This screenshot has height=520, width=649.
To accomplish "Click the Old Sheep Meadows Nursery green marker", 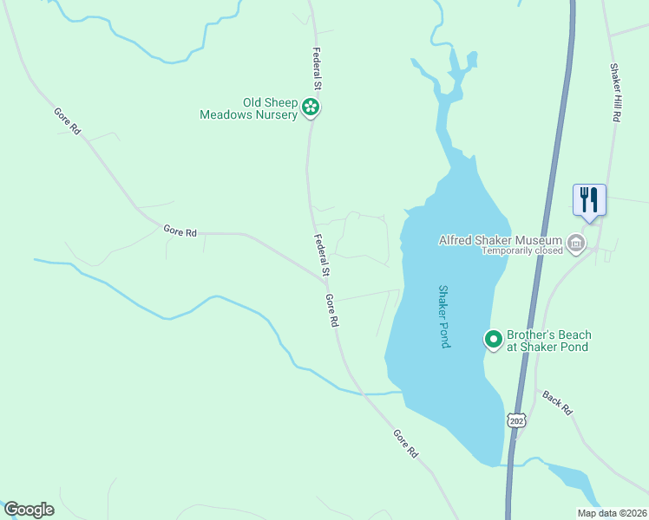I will (311, 108).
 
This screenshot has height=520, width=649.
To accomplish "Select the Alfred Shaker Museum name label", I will (500, 240).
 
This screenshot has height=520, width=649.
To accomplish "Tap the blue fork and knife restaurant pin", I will (589, 199).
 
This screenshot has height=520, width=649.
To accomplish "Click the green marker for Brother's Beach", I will (493, 340).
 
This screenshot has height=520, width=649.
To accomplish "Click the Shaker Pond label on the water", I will (443, 316).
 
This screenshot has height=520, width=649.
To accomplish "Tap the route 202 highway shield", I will (517, 419).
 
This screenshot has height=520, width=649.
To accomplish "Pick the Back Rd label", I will (558, 402).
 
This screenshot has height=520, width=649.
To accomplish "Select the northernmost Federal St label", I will (318, 68).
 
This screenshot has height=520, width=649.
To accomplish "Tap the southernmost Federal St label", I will (322, 257).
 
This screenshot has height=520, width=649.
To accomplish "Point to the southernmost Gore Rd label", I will (405, 444).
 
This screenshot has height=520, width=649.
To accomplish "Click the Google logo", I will (29, 510).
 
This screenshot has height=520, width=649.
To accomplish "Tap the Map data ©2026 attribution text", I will (612, 513).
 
